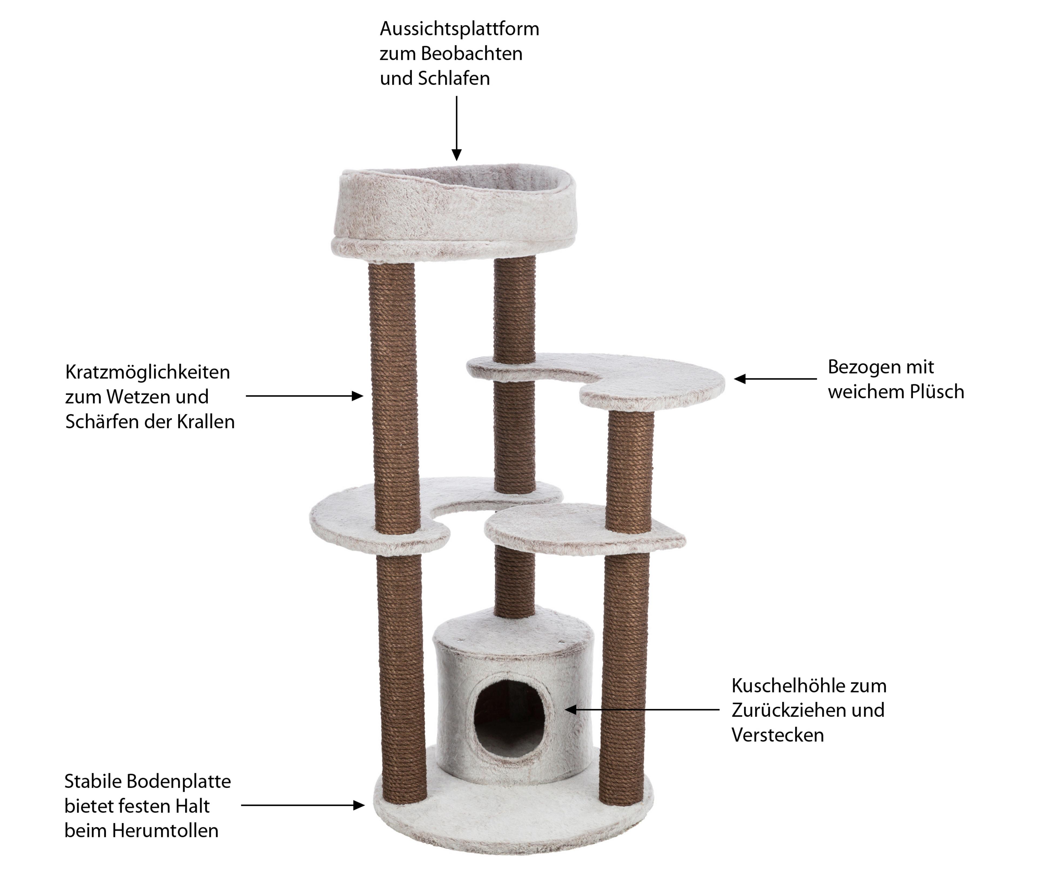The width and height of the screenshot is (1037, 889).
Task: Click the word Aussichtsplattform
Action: click(x=459, y=29)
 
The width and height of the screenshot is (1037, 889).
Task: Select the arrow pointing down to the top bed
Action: click(x=456, y=128)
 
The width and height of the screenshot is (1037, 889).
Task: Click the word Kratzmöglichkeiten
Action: click(x=148, y=373)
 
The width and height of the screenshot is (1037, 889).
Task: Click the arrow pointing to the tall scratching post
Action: click(x=304, y=396)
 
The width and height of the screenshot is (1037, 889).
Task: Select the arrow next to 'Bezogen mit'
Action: click(x=775, y=379)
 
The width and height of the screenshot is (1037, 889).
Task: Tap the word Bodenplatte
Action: click(x=179, y=781)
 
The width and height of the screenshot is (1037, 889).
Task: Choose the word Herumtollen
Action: click(x=165, y=831)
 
